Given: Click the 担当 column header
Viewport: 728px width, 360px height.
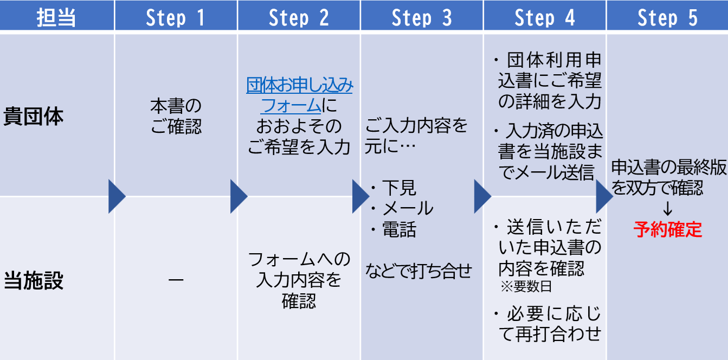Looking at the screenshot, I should pos(56,17).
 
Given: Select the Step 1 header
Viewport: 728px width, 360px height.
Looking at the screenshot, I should pos(176,17).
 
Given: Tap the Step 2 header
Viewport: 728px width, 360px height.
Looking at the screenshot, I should pos(299,17).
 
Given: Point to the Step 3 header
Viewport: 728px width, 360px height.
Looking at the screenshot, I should pos(421,17).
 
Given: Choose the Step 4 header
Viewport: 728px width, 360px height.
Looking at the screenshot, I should pos(544,17).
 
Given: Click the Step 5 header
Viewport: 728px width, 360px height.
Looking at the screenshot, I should pos(667,17).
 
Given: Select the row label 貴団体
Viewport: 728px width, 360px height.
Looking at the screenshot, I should pos(34,118).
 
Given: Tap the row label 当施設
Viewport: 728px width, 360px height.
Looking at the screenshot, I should pos(34,281).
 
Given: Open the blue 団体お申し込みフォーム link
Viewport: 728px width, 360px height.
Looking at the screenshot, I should pos(299,94).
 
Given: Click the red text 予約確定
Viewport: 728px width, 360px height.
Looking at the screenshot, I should pos(668,230).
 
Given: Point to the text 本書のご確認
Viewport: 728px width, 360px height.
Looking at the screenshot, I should pos(176,116).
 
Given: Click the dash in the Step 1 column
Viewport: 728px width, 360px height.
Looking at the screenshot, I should pos(176,280).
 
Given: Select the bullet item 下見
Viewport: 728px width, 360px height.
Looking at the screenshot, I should pos(398,187).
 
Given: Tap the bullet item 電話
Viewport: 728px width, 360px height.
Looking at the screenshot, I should pos(398,230).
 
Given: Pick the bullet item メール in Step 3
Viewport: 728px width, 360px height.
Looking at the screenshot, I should pos(407,208).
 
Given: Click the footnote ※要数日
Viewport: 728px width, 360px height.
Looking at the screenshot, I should pos(526,287).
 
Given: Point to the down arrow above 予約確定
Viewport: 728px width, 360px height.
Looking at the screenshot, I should pos(668,209).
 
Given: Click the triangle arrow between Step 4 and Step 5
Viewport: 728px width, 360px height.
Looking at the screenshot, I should pos(604,196).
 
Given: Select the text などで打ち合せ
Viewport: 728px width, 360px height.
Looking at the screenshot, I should pos(418,271).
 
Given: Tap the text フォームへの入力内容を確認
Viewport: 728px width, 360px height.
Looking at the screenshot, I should pos(299,280).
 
